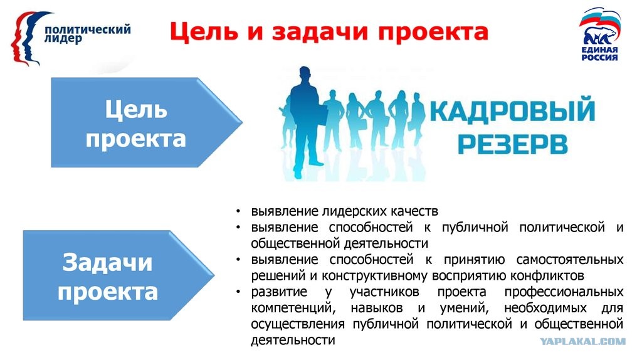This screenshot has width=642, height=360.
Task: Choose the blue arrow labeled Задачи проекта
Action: [118, 275]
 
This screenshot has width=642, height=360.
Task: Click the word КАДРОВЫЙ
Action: [512, 110]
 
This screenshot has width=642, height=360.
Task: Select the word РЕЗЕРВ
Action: [513, 144]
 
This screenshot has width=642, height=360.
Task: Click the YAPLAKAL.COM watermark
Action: [582, 341]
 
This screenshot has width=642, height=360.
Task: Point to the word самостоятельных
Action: [569, 260]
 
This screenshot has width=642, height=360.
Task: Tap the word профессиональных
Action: [564, 292]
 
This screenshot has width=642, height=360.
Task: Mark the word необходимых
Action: [545, 308]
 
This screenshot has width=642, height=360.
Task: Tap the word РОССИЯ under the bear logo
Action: [599, 58]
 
